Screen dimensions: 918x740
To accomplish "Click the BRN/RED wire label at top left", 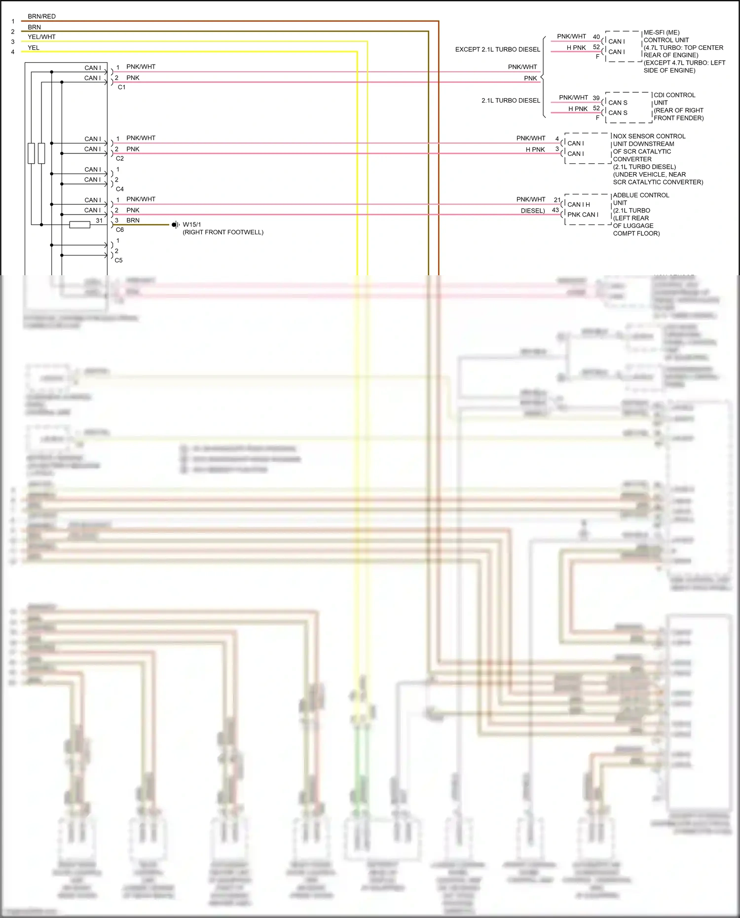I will pyautogui.click(x=41, y=16).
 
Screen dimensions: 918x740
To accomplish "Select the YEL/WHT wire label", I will pyautogui.click(x=41, y=37).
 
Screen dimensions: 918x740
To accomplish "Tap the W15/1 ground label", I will pyautogui.click(x=192, y=224).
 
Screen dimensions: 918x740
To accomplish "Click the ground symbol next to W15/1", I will pyautogui.click(x=175, y=225).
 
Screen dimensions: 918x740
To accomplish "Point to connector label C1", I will pyautogui.click(x=121, y=87).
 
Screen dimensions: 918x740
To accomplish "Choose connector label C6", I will pyautogui.click(x=120, y=230).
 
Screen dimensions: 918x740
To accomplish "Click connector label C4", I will pyautogui.click(x=120, y=189).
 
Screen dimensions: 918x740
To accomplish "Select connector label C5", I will pyautogui.click(x=118, y=260).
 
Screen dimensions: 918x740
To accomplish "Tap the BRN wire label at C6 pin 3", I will pyautogui.click(x=133, y=220).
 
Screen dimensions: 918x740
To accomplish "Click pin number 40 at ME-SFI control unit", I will pyautogui.click(x=596, y=37).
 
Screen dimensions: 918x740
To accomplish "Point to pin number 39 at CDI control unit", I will pyautogui.click(x=596, y=98).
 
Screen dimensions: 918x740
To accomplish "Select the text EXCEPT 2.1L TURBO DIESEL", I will pyautogui.click(x=497, y=49).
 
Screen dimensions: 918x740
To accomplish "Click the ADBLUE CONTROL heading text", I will pyautogui.click(x=641, y=195).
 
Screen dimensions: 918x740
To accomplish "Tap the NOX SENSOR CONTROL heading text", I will pyautogui.click(x=649, y=136).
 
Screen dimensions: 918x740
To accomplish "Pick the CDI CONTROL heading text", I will pyautogui.click(x=674, y=95).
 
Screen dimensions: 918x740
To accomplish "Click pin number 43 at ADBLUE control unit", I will pyautogui.click(x=555, y=210).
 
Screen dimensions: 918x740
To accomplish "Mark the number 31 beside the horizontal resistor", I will pyautogui.click(x=99, y=220).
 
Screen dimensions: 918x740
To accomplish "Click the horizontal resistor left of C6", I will pyautogui.click(x=79, y=225).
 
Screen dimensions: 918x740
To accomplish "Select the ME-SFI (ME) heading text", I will pyautogui.click(x=661, y=33).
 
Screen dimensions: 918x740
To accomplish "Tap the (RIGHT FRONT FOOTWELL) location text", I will pyautogui.click(x=223, y=232).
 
